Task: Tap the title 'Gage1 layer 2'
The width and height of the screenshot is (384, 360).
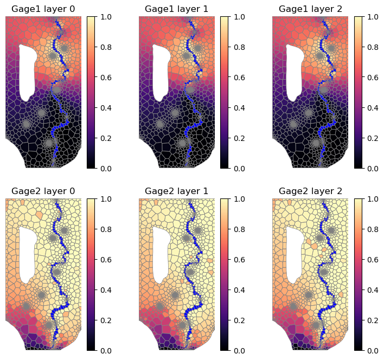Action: (310, 9)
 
